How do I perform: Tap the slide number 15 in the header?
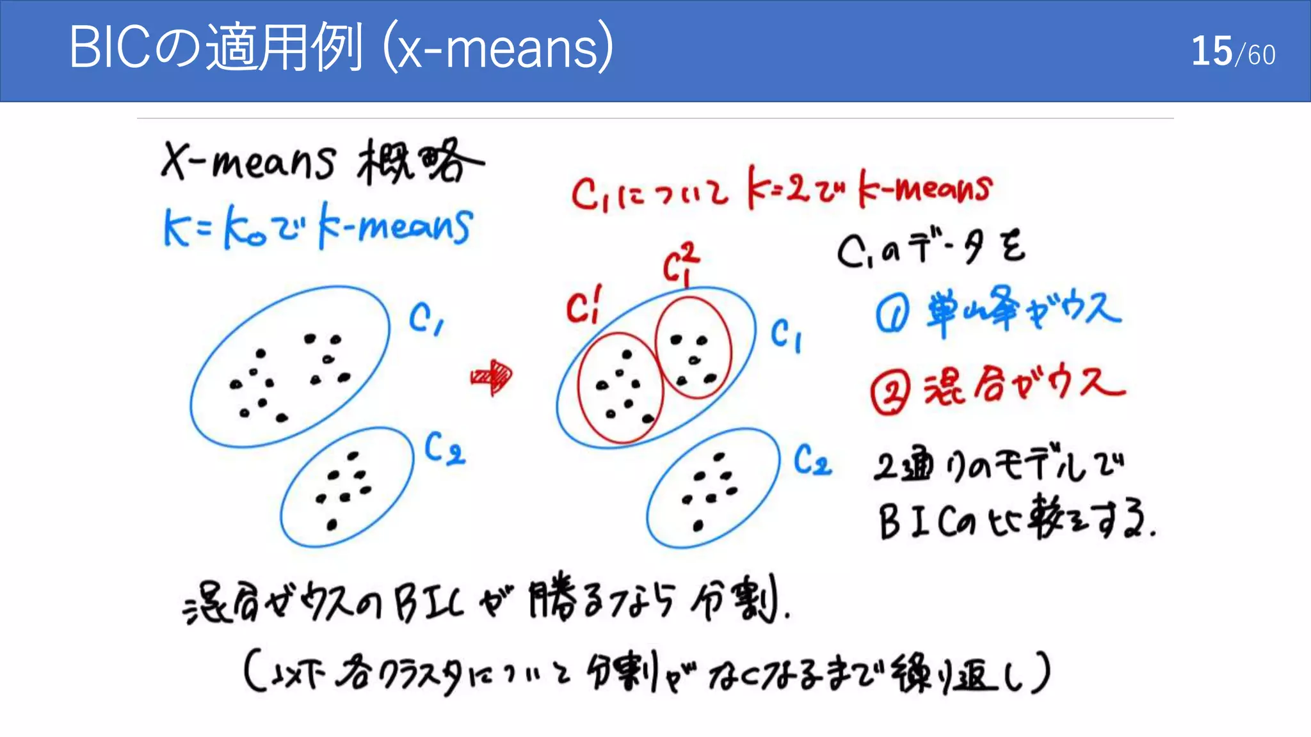tap(1211, 51)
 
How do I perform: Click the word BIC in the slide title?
tap(109, 47)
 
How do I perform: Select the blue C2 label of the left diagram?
tap(444, 447)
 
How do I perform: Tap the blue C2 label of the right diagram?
tap(812, 460)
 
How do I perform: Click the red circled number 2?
tap(890, 392)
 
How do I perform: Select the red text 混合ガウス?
tap(1024, 385)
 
